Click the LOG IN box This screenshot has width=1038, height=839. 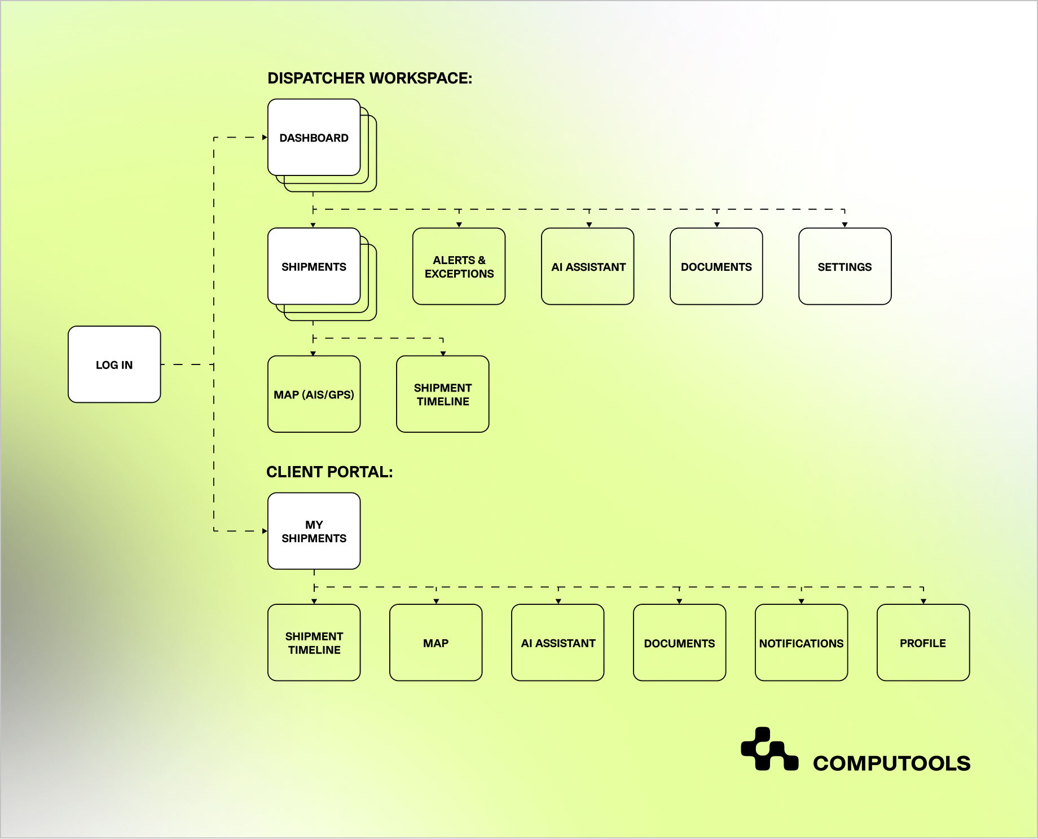coord(114,364)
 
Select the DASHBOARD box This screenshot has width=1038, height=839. coord(314,138)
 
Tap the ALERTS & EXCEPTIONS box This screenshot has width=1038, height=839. coord(459,266)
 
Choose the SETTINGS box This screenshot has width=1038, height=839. coord(845,266)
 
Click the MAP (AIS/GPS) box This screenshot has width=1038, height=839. coord(314,394)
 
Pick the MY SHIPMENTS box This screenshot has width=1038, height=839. coord(314,531)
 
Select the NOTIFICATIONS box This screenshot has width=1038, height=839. coord(801,643)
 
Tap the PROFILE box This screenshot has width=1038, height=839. coord(923,643)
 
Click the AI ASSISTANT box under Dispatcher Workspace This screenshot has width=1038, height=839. coord(588,266)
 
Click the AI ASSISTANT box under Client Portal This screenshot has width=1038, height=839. coord(558,643)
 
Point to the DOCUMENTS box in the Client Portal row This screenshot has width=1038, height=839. coord(679,643)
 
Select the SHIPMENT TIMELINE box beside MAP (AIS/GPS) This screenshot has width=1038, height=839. coord(442,394)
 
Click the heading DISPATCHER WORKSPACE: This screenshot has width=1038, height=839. coord(370,78)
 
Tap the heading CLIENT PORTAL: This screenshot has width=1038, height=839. coord(329,472)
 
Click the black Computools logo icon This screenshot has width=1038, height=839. coord(769,749)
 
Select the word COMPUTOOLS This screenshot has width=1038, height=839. coord(891,763)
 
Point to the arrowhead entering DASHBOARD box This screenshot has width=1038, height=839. coord(265,137)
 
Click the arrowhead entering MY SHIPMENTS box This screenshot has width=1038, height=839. coord(265,531)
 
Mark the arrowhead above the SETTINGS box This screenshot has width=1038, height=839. coord(845,225)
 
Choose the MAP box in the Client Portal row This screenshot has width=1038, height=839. coord(436,643)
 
